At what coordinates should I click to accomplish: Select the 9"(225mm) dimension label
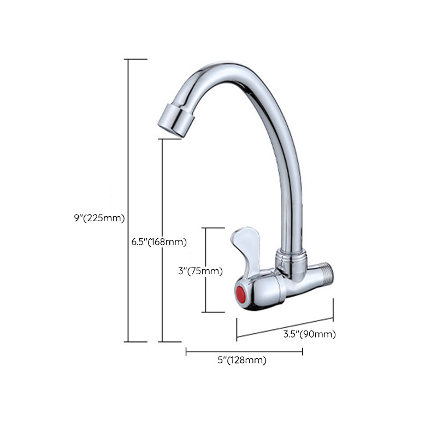pos(100,217)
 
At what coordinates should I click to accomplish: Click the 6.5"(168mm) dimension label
pos(159,241)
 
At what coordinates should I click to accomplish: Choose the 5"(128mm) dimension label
pos(242,360)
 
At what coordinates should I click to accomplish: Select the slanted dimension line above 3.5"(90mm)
pos(285,328)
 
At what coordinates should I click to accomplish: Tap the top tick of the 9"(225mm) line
pos(136,59)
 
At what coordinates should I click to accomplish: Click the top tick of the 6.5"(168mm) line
pos(170,139)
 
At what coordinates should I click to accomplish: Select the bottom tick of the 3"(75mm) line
pos(214,312)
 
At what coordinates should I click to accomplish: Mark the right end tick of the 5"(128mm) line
pos(302,352)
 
